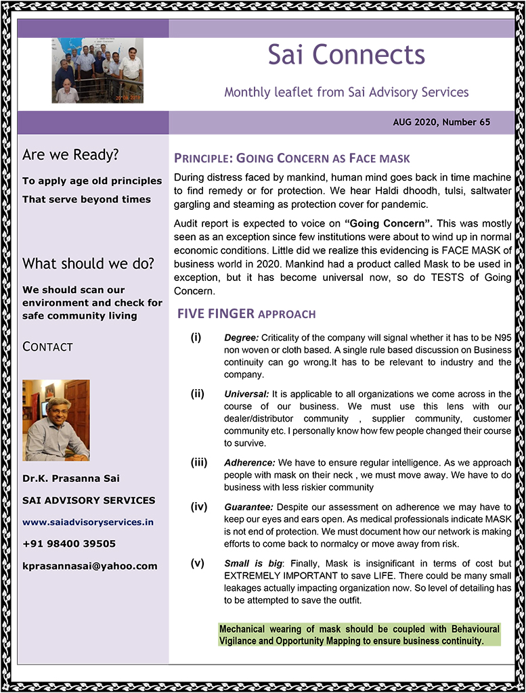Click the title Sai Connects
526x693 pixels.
[346, 55]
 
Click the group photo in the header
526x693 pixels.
[97, 70]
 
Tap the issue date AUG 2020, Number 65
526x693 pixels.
[441, 122]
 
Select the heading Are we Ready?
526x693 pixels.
[70, 155]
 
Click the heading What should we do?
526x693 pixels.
[88, 263]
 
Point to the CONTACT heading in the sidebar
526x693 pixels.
[47, 346]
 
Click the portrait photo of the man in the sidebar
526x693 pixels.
[56, 420]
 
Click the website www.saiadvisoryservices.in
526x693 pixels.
[88, 522]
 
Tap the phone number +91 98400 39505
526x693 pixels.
[69, 543]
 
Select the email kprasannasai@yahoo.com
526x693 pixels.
[89, 565]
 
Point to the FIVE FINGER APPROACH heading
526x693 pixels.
[246, 314]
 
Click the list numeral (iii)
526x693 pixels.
[198, 463]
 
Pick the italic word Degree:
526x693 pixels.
[241, 338]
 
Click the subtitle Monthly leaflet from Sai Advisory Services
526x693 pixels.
[346, 91]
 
